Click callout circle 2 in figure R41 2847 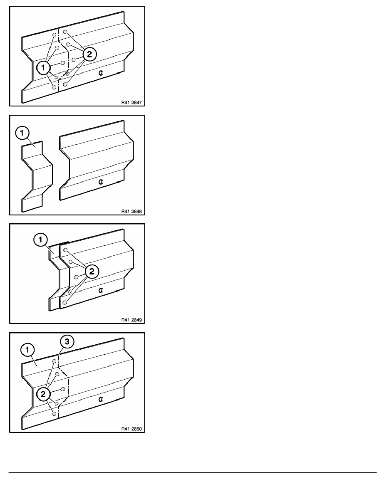pos(89,54)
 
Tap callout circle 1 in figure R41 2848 pos(22,133)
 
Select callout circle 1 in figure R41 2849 pos(40,240)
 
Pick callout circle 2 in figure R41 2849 pos(92,272)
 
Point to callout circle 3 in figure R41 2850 pos(67,342)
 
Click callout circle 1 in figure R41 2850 pos(27,350)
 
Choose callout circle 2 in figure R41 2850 pos(43,394)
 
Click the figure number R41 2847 pos(131,102)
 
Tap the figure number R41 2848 pos(131,211)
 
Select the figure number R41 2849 pos(131,320)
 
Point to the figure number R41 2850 pos(131,429)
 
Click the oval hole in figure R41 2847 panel pos(101,73)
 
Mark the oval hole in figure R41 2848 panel pos(101,182)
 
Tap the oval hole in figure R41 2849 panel pos(101,291)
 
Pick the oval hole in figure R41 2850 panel pos(101,400)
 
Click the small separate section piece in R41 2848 pos(36,176)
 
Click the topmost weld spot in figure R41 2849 pos(65,250)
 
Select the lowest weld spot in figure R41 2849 pos(64,302)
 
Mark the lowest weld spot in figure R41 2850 pos(55,413)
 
